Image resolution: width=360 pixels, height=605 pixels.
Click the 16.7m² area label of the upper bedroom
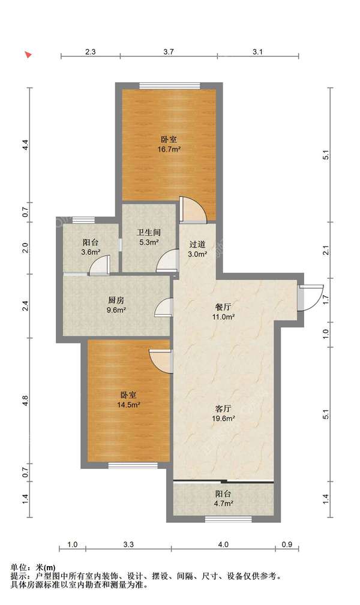[x=169, y=149]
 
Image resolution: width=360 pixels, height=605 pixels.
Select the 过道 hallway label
[x=197, y=244]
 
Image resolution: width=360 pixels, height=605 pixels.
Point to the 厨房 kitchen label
[x=116, y=301]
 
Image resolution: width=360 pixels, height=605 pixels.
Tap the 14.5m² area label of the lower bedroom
[x=128, y=405]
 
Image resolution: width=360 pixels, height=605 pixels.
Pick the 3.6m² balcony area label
[x=91, y=252]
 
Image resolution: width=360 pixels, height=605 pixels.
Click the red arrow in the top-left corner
[x=28, y=55]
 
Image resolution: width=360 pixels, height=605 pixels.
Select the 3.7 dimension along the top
[x=169, y=52]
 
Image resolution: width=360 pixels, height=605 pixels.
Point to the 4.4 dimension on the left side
[x=25, y=145]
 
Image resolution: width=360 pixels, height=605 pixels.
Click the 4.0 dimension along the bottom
[x=223, y=544]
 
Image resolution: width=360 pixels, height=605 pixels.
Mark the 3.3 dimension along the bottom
[x=128, y=544]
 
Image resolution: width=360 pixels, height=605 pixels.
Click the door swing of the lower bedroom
[x=161, y=360]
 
